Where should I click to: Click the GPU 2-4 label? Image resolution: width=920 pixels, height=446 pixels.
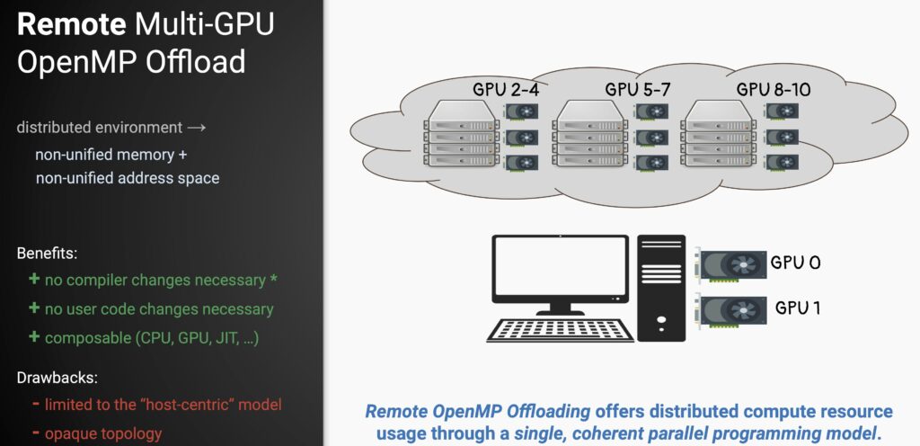tap(509, 90)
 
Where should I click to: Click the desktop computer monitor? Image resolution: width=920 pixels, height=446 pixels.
tap(560, 273)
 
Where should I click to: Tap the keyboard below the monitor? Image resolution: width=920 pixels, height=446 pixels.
tap(560, 329)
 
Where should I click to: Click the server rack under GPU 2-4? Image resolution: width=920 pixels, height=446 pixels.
tap(457, 137)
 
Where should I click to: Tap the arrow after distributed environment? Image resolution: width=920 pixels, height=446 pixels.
tap(197, 128)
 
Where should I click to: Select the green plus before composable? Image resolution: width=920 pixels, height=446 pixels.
tap(34, 337)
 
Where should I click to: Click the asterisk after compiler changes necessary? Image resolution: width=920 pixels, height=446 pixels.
tap(273, 279)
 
